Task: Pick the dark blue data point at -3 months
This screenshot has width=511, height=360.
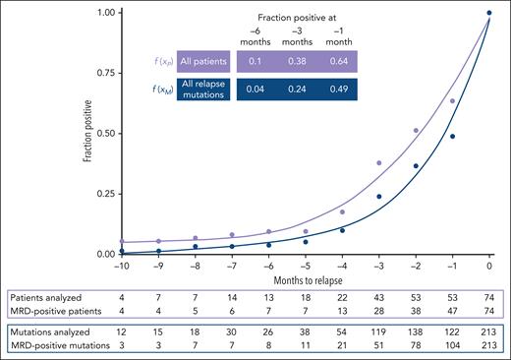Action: tap(378, 196)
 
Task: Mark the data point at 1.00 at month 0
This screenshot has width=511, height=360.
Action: tap(489, 13)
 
